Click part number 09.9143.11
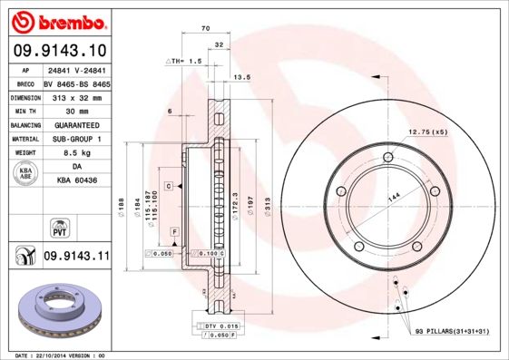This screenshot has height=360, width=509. click(x=75, y=258)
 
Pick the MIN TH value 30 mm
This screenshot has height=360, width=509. click(x=76, y=110)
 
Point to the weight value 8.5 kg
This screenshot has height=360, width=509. click(x=76, y=153)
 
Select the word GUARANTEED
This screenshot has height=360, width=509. click(x=76, y=124)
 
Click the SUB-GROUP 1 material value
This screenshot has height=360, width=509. click(x=76, y=139)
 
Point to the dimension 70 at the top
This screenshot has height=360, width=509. click(x=207, y=30)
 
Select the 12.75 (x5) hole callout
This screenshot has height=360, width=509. click(x=429, y=132)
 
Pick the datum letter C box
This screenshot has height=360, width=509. click(x=169, y=185)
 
